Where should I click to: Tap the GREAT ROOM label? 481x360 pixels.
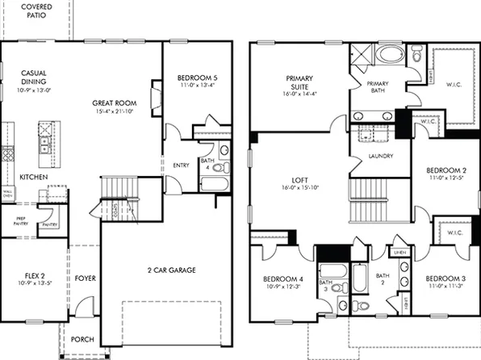click(113, 103)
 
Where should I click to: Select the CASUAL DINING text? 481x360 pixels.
click(33, 77)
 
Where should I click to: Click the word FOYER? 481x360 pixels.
click(85, 278)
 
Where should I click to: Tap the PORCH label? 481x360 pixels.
click(82, 340)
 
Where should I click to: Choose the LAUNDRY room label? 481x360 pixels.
click(379, 156)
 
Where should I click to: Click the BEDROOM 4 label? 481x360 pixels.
click(283, 279)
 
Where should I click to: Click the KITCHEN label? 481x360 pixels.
click(33, 177)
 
